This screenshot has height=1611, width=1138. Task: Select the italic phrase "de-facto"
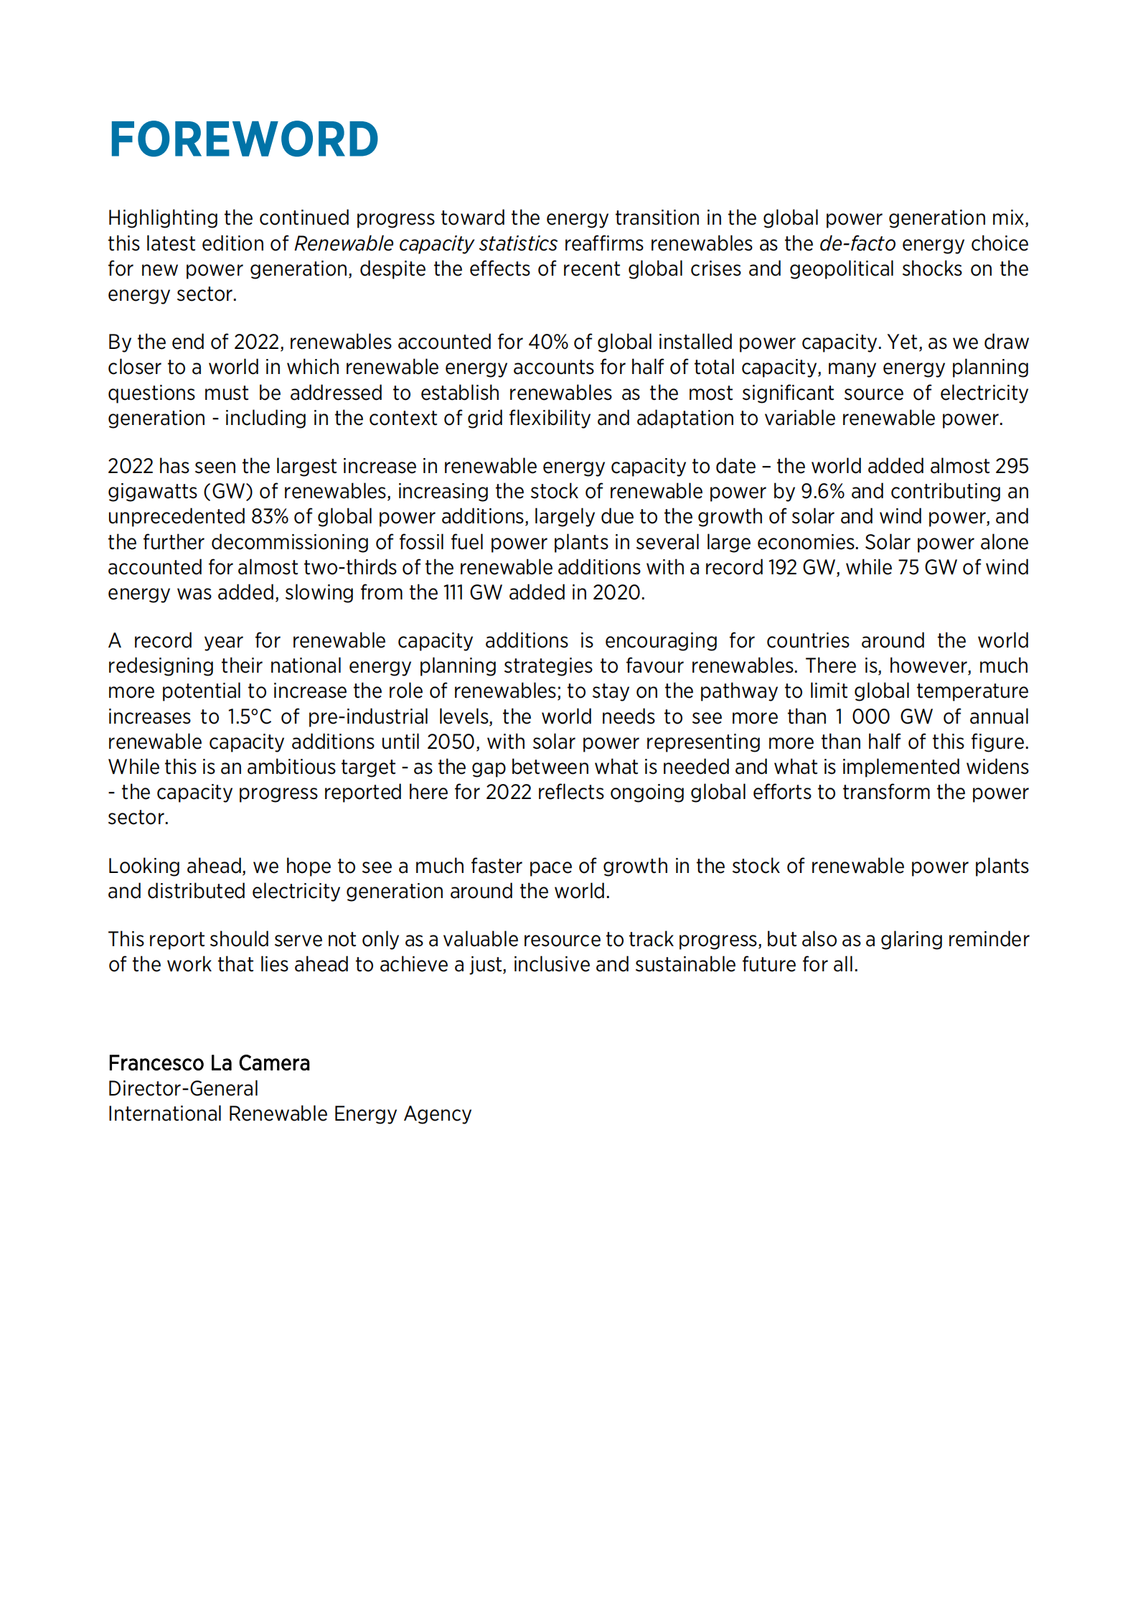(x=857, y=243)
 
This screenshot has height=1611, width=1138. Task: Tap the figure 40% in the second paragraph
(x=547, y=342)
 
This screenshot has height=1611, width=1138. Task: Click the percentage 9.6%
(x=822, y=491)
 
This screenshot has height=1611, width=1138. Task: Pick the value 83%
(x=269, y=516)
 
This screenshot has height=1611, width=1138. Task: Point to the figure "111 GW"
(x=473, y=592)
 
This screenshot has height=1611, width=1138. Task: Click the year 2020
(x=616, y=592)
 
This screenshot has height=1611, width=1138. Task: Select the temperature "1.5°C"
(x=250, y=716)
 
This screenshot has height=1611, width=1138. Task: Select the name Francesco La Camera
(x=209, y=1063)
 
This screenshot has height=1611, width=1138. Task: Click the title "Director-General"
(x=183, y=1088)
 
